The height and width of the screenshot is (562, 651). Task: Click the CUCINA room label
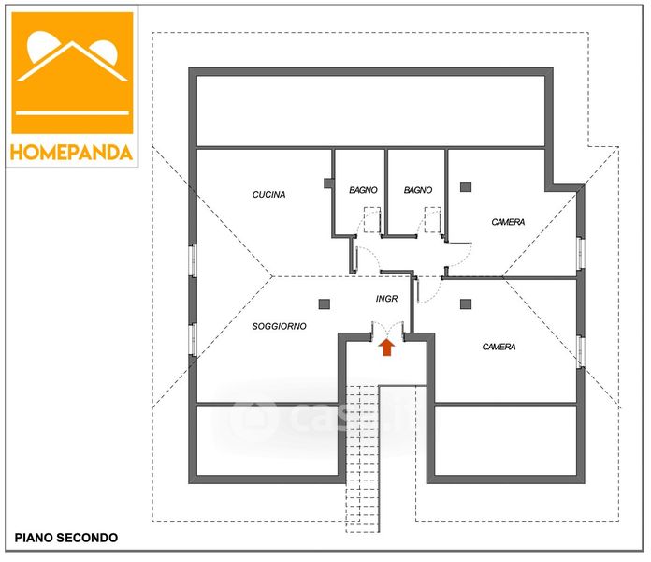point(268,195)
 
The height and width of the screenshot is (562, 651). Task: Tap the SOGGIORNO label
point(279,326)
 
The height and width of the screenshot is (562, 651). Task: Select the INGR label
point(386,300)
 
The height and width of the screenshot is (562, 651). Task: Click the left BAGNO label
point(363,190)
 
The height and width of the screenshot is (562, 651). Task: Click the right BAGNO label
point(418,190)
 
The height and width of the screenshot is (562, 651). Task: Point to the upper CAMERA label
point(508,222)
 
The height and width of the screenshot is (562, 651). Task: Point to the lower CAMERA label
point(499,347)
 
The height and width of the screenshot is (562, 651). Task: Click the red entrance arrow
point(386,348)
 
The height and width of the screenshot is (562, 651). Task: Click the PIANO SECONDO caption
point(65,538)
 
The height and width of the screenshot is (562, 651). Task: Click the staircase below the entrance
point(362,450)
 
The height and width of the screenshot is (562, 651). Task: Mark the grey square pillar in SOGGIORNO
point(324,303)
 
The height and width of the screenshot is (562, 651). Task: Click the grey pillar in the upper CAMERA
point(465,186)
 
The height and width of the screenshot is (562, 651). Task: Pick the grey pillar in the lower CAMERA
point(465,303)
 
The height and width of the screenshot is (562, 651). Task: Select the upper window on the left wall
point(193,260)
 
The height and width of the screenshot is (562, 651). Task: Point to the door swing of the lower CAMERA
point(427,290)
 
